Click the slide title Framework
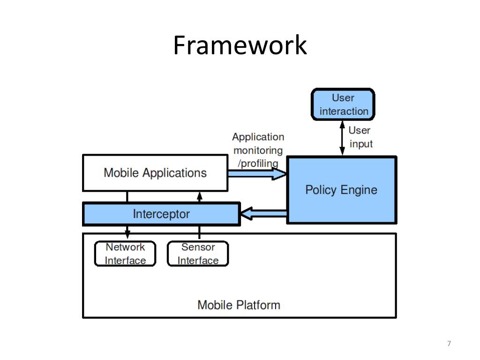coord(240,45)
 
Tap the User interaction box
coord(344,105)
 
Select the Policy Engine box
coord(341,190)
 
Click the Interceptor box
coord(161,214)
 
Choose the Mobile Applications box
coord(155,173)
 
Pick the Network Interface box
coord(125,254)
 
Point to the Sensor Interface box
coord(198,254)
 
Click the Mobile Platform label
coord(239,305)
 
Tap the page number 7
coord(449,344)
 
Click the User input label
coord(360,137)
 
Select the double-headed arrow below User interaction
coord(342,138)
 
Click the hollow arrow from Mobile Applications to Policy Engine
coord(257,174)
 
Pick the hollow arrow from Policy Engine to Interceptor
coord(263,214)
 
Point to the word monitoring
coord(258,150)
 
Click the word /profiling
coord(258,163)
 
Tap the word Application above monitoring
coord(258,137)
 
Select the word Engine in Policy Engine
coord(359,190)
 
